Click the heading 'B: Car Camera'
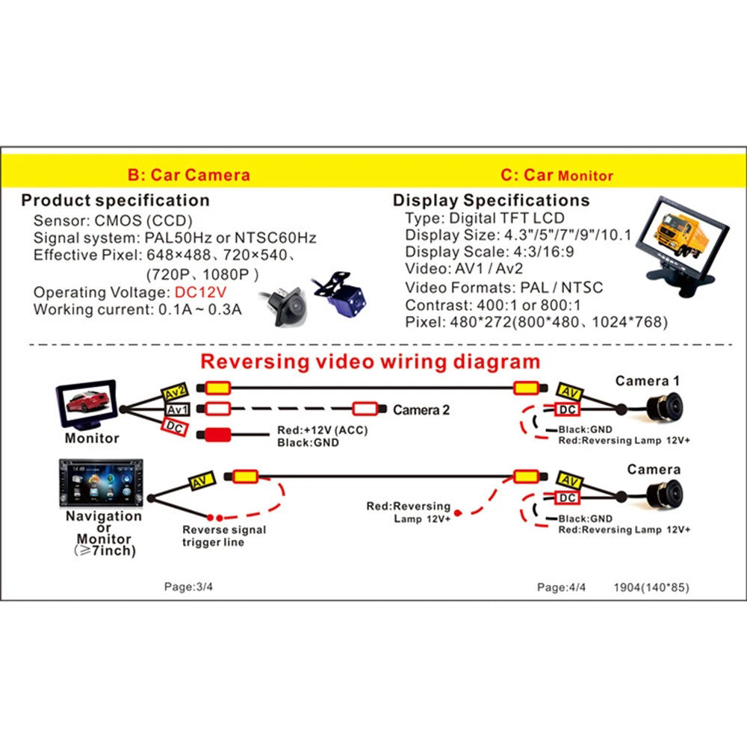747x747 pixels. point(188,176)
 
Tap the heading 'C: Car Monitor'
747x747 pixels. point(557,176)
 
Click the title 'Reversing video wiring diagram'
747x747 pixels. point(371,362)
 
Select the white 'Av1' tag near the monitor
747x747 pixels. point(178,409)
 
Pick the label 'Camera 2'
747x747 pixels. point(421,410)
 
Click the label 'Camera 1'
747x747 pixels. point(648,382)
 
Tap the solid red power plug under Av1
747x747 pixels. point(217,436)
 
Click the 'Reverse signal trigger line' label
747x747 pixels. point(223,536)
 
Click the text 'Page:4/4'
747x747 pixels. point(562,587)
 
